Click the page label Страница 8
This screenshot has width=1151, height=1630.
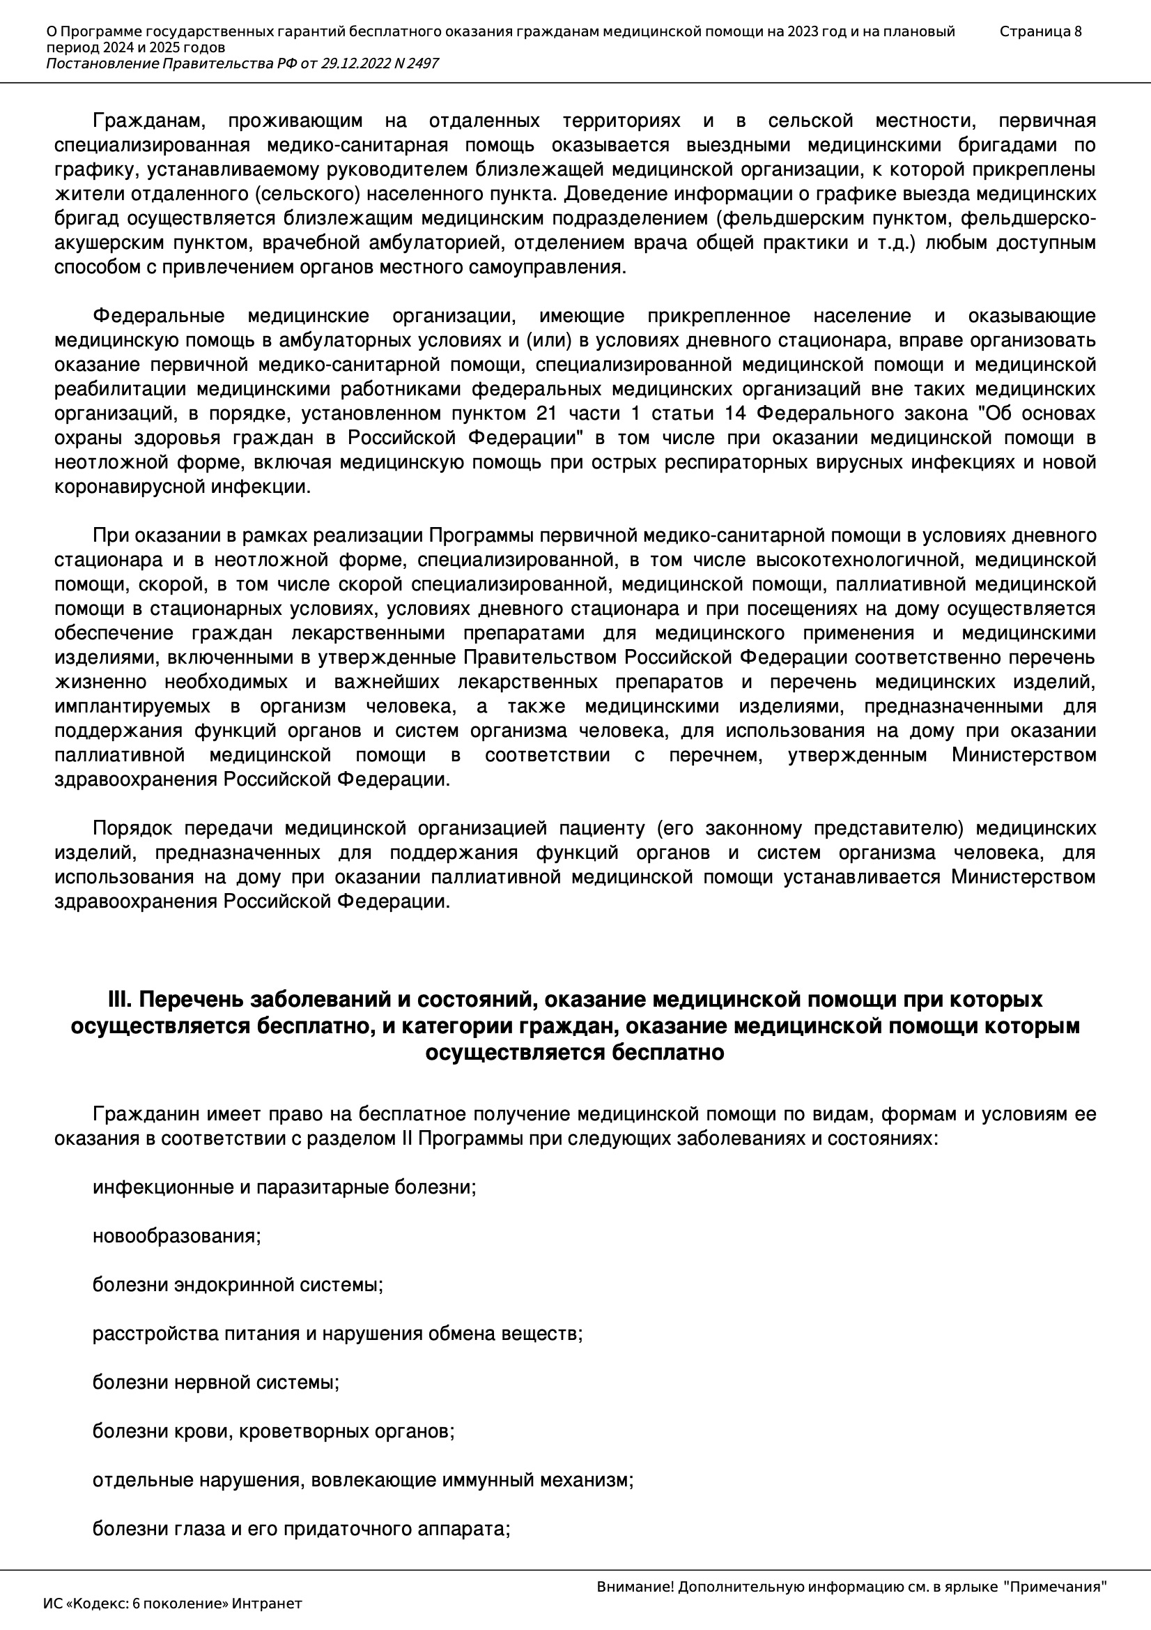(x=1040, y=31)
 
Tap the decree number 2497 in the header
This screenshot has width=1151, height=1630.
(x=422, y=64)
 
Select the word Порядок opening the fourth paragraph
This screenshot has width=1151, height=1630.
(x=132, y=828)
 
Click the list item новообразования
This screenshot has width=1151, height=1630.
(x=177, y=1235)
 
